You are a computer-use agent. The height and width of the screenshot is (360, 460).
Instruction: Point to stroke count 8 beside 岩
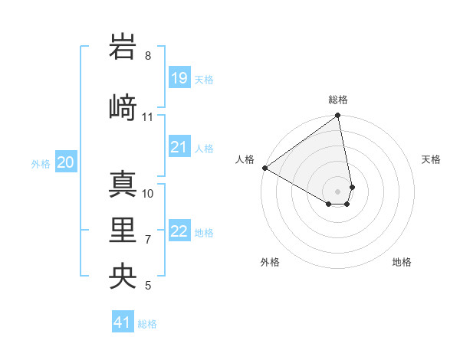(148, 56)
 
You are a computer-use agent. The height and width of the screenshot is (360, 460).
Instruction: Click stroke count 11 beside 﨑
(148, 117)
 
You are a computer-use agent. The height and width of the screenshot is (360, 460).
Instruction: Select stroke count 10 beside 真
(148, 193)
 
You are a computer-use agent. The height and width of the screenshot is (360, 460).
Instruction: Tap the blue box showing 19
(179, 77)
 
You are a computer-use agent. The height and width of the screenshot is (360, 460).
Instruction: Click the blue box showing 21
(179, 147)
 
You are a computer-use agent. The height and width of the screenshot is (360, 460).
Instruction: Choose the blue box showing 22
(179, 231)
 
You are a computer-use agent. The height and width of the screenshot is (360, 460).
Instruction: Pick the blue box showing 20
(66, 162)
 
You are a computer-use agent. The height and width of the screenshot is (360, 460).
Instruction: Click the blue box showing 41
(123, 322)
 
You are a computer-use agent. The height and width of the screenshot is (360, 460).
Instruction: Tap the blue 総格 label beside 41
(147, 324)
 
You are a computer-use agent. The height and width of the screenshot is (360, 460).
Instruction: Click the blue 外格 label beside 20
(41, 163)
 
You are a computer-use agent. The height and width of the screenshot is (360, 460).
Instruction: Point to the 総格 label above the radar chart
(338, 100)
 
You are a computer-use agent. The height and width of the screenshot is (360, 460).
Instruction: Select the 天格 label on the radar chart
(432, 159)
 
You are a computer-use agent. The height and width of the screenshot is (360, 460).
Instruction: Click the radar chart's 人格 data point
(264, 168)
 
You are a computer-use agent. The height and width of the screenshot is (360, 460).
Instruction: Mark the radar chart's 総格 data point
(338, 116)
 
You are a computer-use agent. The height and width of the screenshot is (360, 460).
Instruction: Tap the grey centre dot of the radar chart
(338, 191)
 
